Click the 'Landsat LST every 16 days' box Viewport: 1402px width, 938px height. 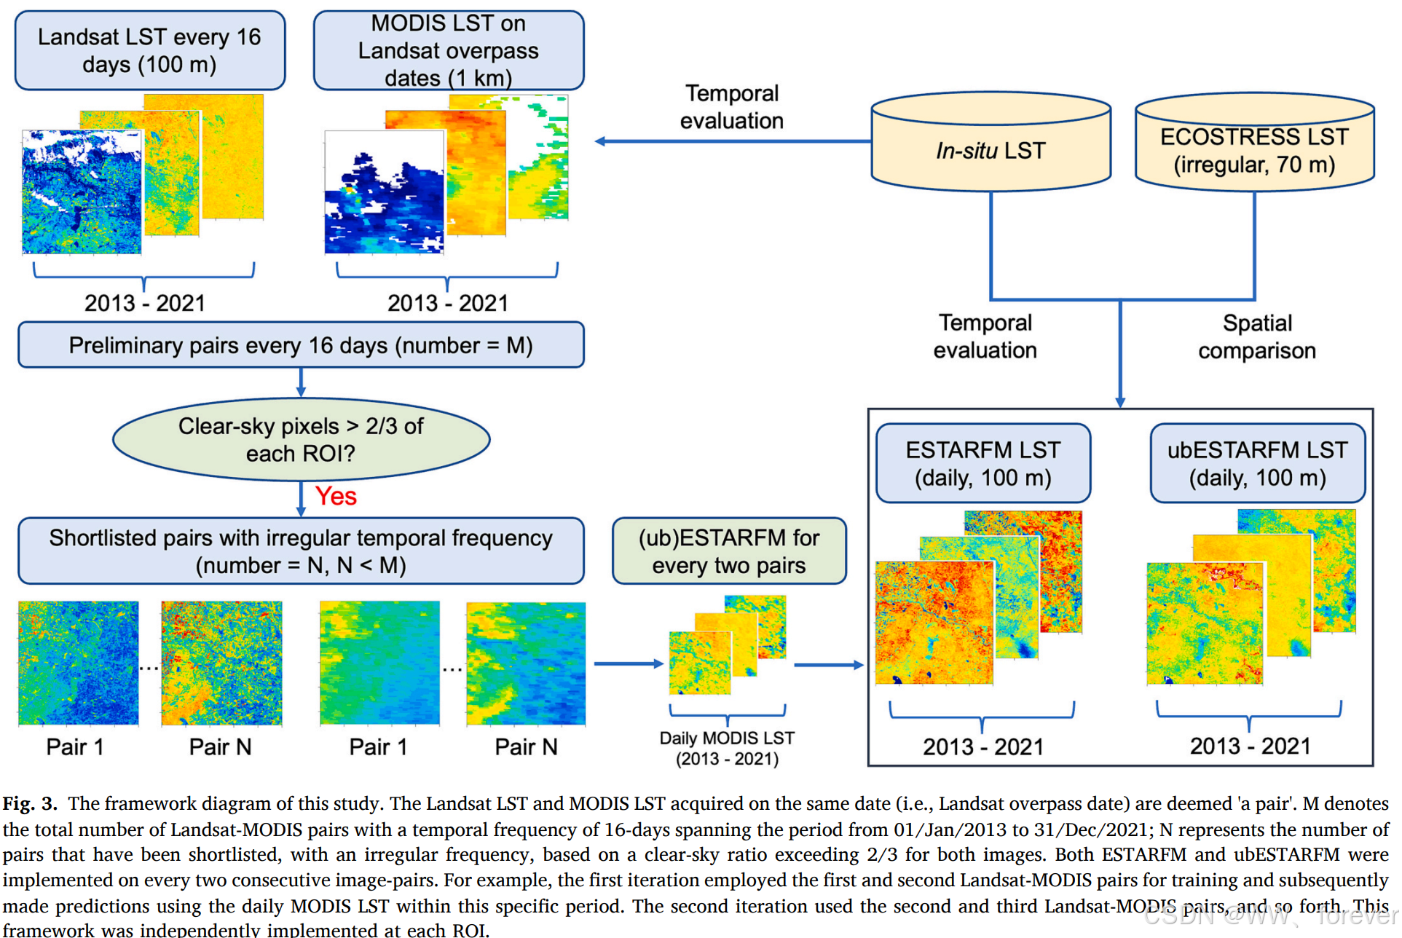point(149,50)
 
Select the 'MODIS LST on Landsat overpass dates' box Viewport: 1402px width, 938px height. point(448,50)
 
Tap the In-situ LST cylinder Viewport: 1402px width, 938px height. point(991,150)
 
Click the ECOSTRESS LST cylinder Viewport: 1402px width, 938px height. point(1254,150)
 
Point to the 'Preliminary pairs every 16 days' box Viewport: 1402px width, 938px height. point(301,345)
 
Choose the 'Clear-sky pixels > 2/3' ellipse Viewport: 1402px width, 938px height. point(301,439)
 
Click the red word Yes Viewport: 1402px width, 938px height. point(336,497)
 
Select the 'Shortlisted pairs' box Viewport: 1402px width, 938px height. point(301,551)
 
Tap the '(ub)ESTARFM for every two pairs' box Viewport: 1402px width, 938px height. point(729,551)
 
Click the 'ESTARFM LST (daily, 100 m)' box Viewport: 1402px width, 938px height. point(982,464)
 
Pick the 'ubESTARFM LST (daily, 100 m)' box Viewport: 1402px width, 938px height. point(1257,464)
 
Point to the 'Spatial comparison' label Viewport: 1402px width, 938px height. point(1257,336)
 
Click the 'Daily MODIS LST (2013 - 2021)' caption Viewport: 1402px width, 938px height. point(727,749)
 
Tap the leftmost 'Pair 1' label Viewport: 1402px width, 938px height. point(75,747)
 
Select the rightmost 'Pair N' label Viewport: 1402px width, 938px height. point(526,747)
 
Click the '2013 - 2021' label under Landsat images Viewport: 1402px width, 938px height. point(145,303)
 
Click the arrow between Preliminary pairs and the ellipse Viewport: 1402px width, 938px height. point(301,382)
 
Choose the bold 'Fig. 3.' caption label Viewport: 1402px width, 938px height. point(30,804)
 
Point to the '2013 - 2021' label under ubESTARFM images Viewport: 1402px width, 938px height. point(1250,746)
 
